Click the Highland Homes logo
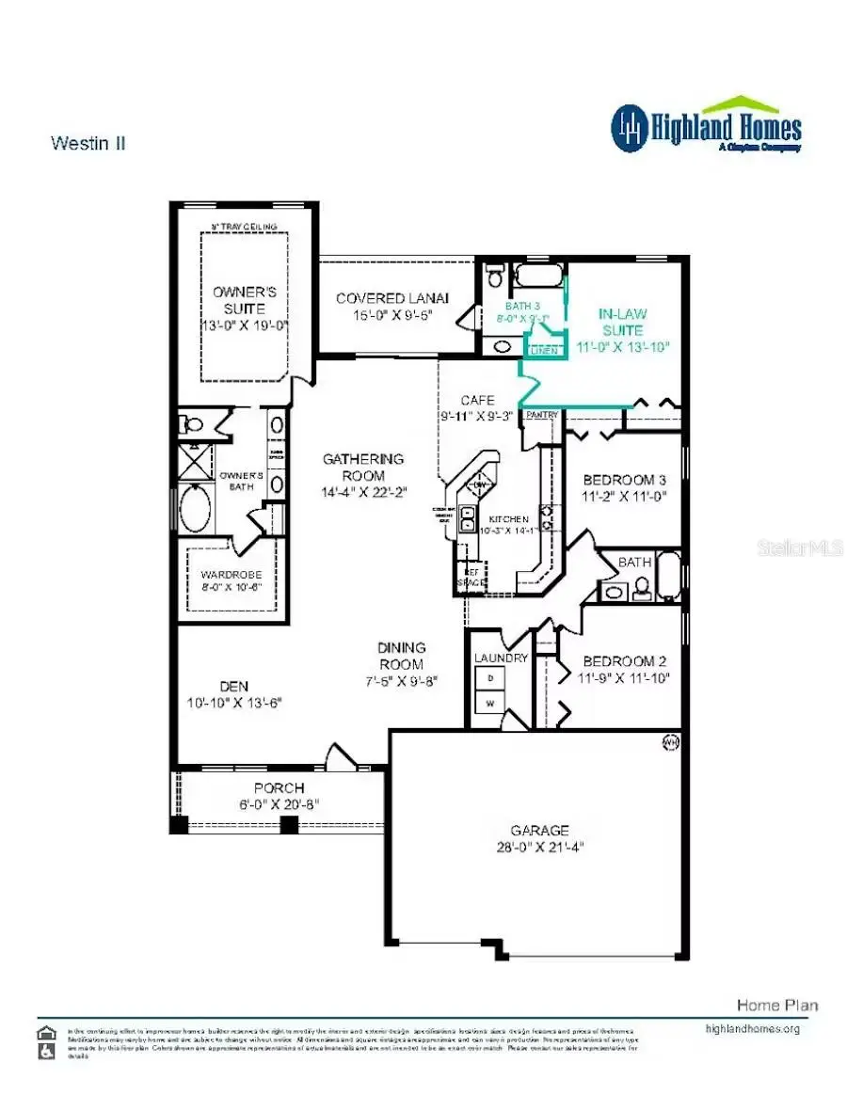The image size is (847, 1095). [x=707, y=127]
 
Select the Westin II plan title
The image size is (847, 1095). [x=88, y=143]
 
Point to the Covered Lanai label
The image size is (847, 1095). [x=392, y=298]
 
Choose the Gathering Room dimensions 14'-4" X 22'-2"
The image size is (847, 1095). [x=363, y=493]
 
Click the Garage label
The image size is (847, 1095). [x=539, y=831]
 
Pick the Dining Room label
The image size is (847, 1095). [x=402, y=647]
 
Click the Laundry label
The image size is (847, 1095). [x=501, y=659]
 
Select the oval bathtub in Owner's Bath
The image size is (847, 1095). [x=197, y=509]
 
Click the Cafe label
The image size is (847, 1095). [x=477, y=400]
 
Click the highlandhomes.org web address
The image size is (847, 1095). [x=752, y=1028]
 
